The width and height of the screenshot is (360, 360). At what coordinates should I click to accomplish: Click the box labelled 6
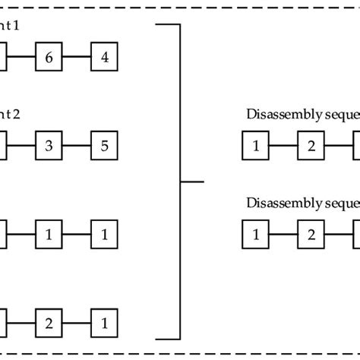pyautogui.click(x=48, y=56)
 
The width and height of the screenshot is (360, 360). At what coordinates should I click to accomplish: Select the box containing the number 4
pyautogui.click(x=104, y=56)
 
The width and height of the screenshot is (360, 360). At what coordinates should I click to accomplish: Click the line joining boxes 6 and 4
pyautogui.click(x=76, y=56)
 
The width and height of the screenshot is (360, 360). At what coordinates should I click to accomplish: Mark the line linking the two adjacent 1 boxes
pyautogui.click(x=76, y=234)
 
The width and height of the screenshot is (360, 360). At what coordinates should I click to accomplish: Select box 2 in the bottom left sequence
pyautogui.click(x=48, y=321)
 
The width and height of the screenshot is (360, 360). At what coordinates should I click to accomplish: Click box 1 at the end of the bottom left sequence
pyautogui.click(x=104, y=321)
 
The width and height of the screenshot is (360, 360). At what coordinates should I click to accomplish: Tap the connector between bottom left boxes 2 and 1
pyautogui.click(x=76, y=321)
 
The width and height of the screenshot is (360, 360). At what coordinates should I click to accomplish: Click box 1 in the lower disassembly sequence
pyautogui.click(x=255, y=233)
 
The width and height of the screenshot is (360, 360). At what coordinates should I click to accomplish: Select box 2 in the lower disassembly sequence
pyautogui.click(x=311, y=233)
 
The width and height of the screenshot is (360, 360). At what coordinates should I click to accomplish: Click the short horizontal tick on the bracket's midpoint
pyautogui.click(x=194, y=182)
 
